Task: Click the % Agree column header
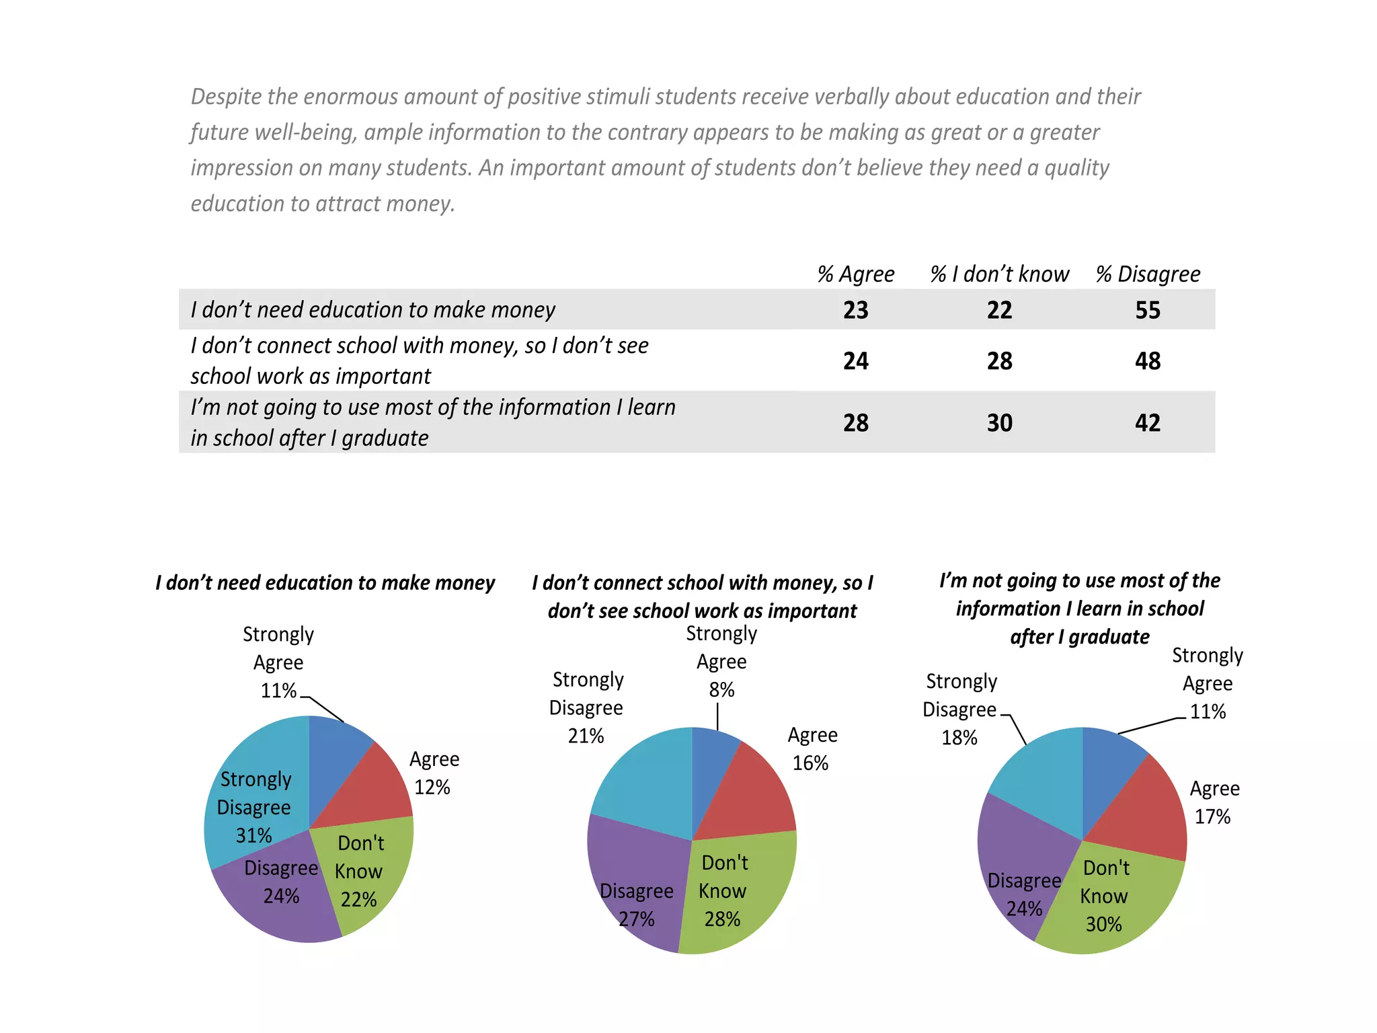855,274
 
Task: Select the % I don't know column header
999,274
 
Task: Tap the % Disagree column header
1148,274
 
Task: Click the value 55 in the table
1148,310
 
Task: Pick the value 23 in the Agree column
855,310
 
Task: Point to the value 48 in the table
1148,361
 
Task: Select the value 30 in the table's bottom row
999,423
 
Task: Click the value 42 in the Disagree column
1148,423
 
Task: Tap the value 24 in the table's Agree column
855,361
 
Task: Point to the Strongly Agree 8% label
721,662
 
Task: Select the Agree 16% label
812,749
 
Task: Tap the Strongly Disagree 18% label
960,710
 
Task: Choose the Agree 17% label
1214,802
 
